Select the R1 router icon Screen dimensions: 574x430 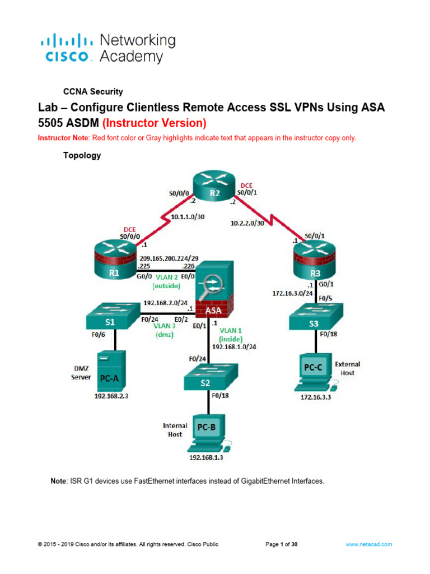(x=114, y=263)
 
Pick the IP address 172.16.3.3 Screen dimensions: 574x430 (x=312, y=397)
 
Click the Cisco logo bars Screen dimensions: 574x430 (x=67, y=41)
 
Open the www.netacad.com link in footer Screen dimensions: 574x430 (x=368, y=544)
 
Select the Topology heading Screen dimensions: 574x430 (x=82, y=156)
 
